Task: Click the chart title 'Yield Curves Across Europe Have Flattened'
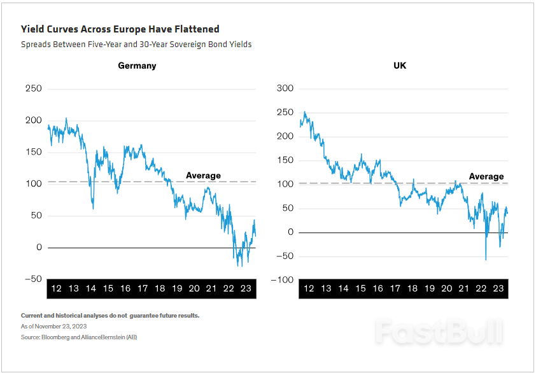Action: pyautogui.click(x=120, y=29)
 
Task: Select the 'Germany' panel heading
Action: pyautogui.click(x=137, y=66)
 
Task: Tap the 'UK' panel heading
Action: pyautogui.click(x=400, y=66)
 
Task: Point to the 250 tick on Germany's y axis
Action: pyautogui.click(x=32, y=88)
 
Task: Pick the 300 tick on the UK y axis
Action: pyautogui.click(x=286, y=88)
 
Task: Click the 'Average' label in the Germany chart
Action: pyautogui.click(x=203, y=175)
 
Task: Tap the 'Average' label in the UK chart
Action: pyautogui.click(x=486, y=176)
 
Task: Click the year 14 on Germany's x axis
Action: pyautogui.click(x=90, y=288)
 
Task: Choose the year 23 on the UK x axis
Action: pyautogui.click(x=498, y=288)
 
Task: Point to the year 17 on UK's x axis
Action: pyautogui.click(x=395, y=288)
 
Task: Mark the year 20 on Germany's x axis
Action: pyautogui.click(x=194, y=288)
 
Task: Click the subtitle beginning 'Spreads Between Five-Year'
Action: pyautogui.click(x=136, y=45)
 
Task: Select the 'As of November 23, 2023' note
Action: pyautogui.click(x=53, y=326)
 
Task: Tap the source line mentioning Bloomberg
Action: pyautogui.click(x=79, y=337)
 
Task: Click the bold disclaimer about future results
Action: pyautogui.click(x=110, y=316)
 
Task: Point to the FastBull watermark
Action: pyautogui.click(x=439, y=332)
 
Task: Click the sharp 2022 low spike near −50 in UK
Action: pyautogui.click(x=486, y=259)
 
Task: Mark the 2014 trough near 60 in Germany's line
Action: pyautogui.click(x=93, y=208)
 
